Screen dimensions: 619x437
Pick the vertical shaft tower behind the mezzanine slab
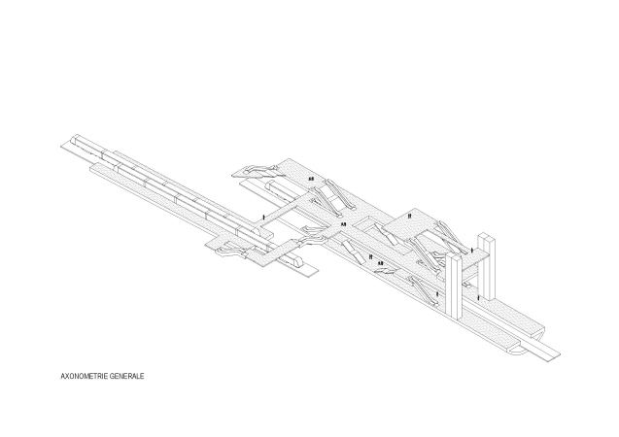tap(486, 267)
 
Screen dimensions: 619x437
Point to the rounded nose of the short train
tap(297, 260)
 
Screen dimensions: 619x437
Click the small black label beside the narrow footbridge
tap(263, 218)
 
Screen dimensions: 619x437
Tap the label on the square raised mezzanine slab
tap(409, 216)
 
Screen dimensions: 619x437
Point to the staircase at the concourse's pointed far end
tap(258, 170)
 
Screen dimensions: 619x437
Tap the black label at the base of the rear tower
tap(478, 298)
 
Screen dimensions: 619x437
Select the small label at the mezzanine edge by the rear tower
tap(472, 250)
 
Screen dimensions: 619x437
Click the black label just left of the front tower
tap(437, 294)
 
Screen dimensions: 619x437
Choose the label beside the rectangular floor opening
tap(343, 224)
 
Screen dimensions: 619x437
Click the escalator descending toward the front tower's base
tap(424, 290)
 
